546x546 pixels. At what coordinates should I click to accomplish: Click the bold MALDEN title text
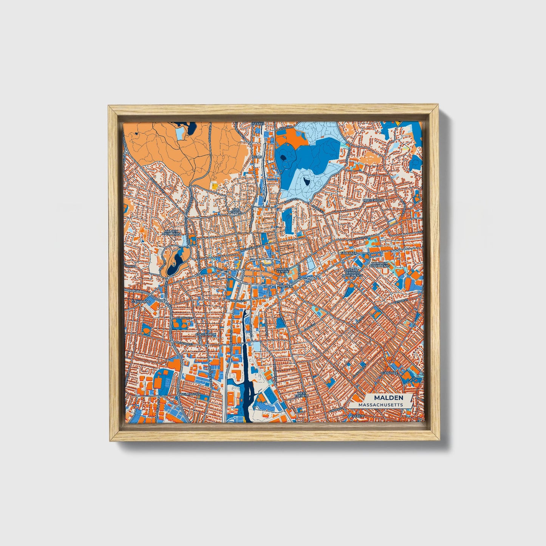(x=388, y=398)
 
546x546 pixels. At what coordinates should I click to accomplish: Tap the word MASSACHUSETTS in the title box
(x=380, y=405)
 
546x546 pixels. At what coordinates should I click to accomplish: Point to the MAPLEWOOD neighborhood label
(x=373, y=200)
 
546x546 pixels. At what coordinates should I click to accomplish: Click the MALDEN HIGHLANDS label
(x=172, y=232)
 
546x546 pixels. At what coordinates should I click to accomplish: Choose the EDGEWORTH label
(x=206, y=335)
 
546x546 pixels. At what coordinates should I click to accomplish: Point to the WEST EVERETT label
(x=302, y=394)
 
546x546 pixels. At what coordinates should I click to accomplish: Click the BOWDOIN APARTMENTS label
(x=380, y=264)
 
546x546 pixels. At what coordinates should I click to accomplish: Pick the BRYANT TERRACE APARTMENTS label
(x=351, y=273)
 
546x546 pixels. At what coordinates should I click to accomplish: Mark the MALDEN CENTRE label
(x=283, y=271)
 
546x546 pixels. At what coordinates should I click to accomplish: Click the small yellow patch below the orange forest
(x=214, y=186)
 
